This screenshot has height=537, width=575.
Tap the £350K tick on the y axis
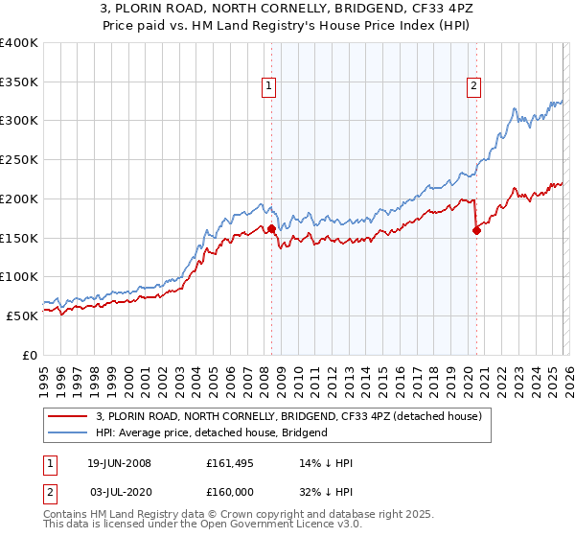19,82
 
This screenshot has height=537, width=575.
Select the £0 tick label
29,355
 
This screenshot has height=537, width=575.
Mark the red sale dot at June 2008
271,229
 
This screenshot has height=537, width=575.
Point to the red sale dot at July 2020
477,230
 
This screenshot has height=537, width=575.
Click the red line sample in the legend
68,415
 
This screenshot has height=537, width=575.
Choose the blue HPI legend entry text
212,432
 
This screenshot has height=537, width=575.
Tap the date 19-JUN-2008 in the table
119,463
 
